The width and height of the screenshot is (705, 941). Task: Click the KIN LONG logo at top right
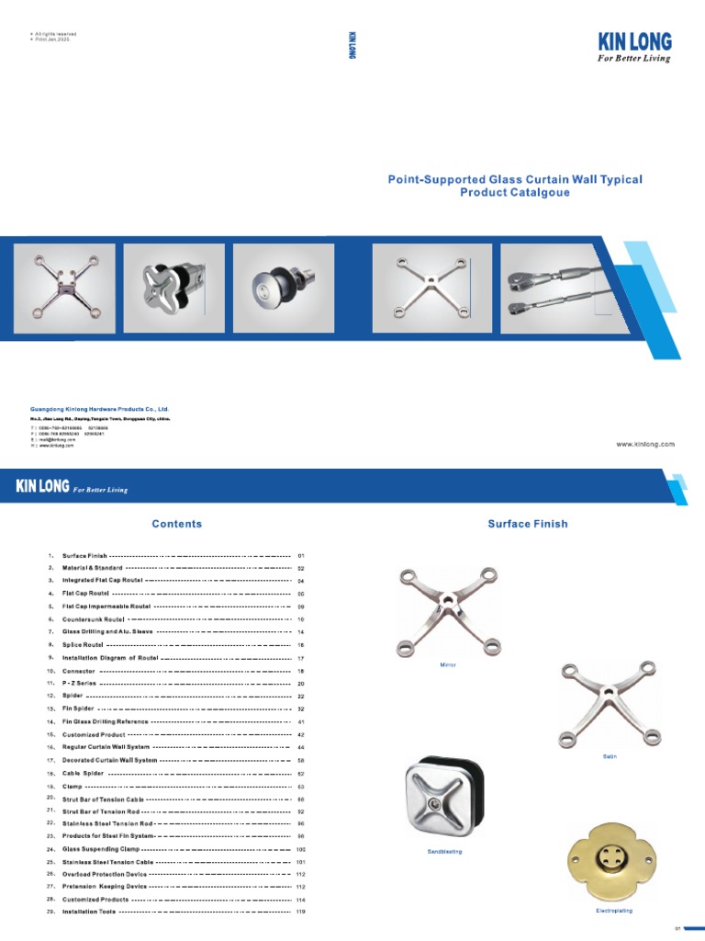[634, 41]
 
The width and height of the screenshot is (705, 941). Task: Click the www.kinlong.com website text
[645, 443]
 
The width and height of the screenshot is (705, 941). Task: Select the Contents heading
[177, 524]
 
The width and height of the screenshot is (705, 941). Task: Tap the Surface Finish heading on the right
[528, 524]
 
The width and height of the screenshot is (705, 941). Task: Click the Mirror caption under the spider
[448, 663]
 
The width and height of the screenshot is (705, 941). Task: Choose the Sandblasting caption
[444, 852]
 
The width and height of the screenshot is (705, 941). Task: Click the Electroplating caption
[614, 911]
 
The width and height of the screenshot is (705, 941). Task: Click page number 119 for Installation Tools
[300, 912]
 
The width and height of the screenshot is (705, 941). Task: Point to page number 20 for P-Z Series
[300, 685]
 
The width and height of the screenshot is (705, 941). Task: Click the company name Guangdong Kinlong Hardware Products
[100, 408]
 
